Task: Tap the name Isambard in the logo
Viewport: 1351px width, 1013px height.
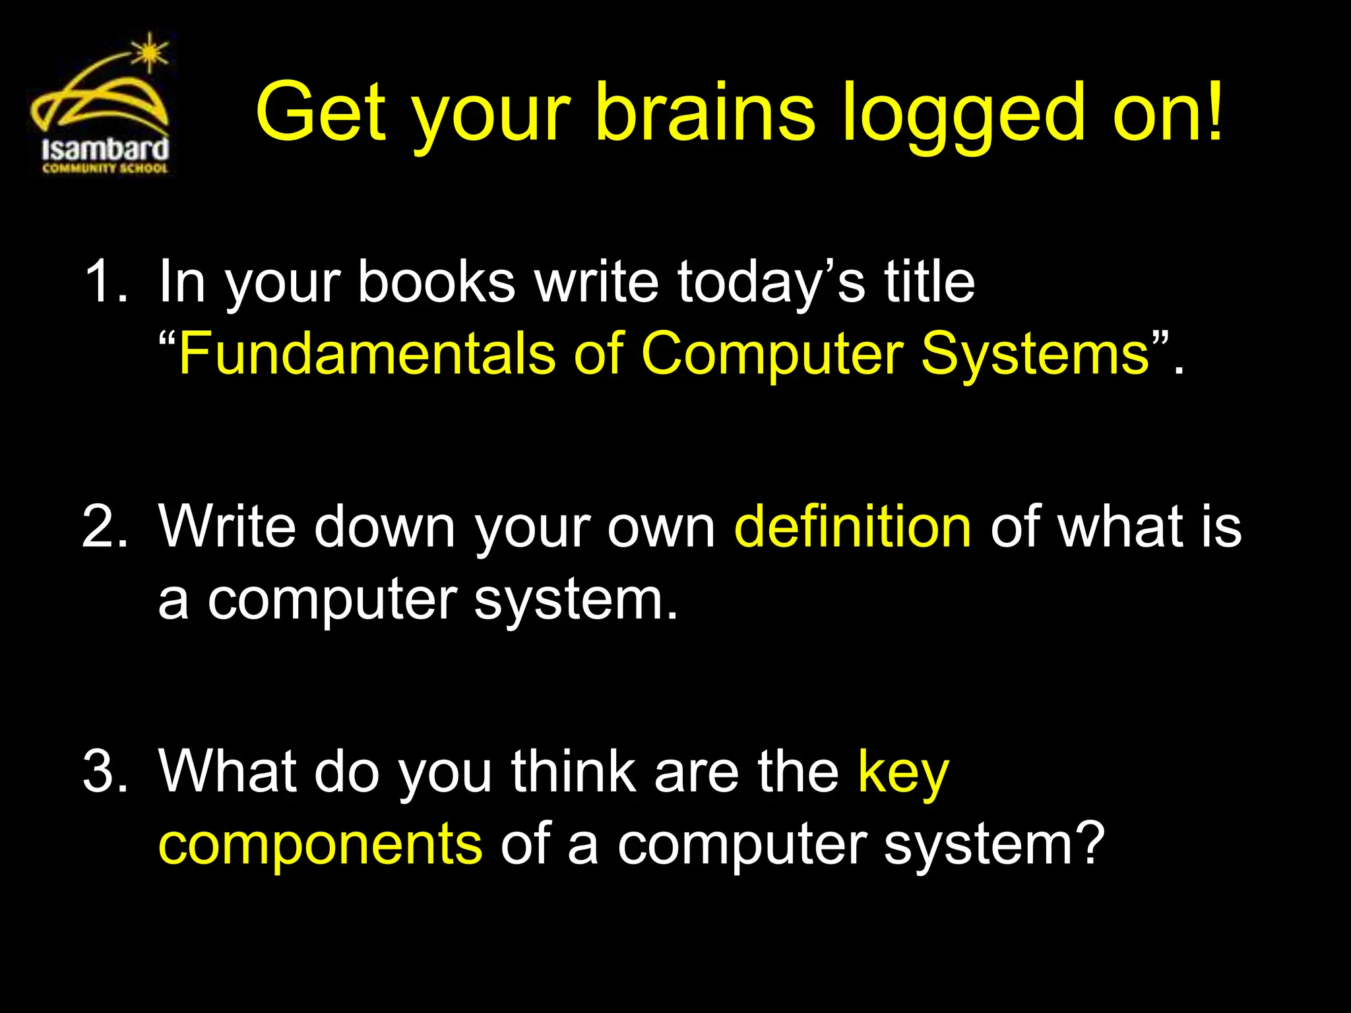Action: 105,148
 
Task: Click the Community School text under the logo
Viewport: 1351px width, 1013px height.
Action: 105,169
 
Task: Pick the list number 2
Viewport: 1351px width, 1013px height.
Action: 104,526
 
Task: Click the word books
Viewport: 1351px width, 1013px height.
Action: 436,282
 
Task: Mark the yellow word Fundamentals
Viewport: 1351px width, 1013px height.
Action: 367,354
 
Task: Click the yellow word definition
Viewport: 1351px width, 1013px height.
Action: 852,526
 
